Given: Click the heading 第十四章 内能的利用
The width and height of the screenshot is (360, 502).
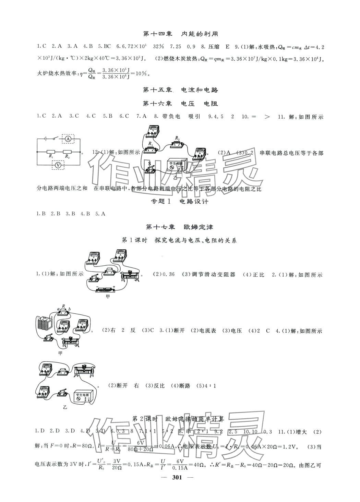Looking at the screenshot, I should tap(180, 34).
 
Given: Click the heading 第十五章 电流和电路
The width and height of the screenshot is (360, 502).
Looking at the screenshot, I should tap(180, 90).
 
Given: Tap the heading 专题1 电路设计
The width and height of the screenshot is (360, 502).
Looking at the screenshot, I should tap(180, 202).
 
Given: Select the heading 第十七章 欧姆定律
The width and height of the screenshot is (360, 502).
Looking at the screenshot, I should tap(180, 227).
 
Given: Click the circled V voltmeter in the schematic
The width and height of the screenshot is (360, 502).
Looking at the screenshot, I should tap(58, 165).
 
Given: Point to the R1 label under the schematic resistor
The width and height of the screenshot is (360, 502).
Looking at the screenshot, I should tap(51, 156).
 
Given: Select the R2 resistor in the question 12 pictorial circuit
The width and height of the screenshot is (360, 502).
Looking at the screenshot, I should tap(177, 144).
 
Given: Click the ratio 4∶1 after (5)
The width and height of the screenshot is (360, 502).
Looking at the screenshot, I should tap(211, 386).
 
